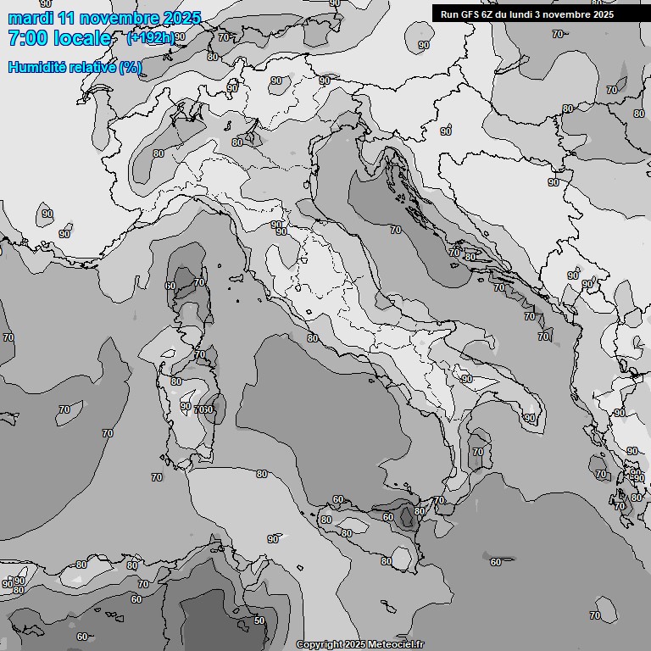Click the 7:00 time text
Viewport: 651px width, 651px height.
(x=27, y=39)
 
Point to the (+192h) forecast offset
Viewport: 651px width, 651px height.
(x=150, y=38)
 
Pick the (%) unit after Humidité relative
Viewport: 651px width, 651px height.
(x=131, y=67)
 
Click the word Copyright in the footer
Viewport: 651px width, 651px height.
(x=319, y=645)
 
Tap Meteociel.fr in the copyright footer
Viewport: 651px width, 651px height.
(x=397, y=645)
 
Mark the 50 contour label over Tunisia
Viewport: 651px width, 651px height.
(x=259, y=620)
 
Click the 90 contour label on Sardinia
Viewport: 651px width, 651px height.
(x=186, y=406)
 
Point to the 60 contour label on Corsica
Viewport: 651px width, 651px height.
(x=170, y=287)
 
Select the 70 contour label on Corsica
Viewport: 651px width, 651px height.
(x=199, y=282)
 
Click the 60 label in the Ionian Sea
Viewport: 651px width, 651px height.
(x=495, y=562)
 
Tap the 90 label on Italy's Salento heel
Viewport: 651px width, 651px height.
(x=529, y=418)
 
